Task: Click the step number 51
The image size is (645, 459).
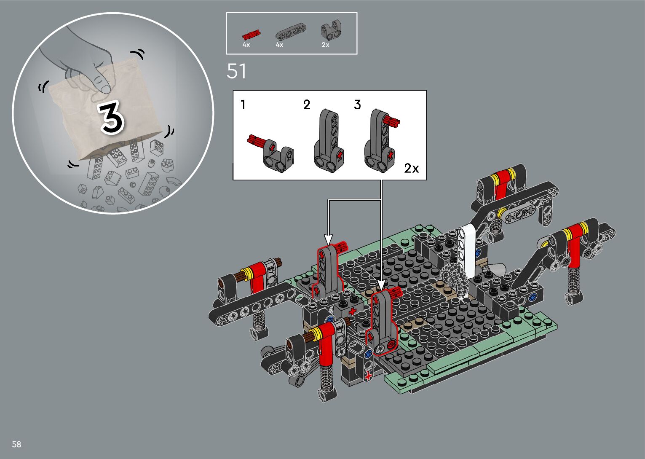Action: [x=236, y=71]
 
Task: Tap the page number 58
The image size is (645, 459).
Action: [x=16, y=444]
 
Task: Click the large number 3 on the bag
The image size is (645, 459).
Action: [x=112, y=118]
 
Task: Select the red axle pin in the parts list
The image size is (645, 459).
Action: [x=251, y=35]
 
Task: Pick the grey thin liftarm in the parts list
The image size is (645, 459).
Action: [x=291, y=32]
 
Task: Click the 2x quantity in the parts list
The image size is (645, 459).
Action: [x=325, y=45]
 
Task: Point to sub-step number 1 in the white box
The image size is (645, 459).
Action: [x=244, y=105]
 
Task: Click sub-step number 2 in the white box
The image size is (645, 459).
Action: [x=307, y=105]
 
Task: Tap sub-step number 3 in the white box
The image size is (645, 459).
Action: [x=357, y=105]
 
